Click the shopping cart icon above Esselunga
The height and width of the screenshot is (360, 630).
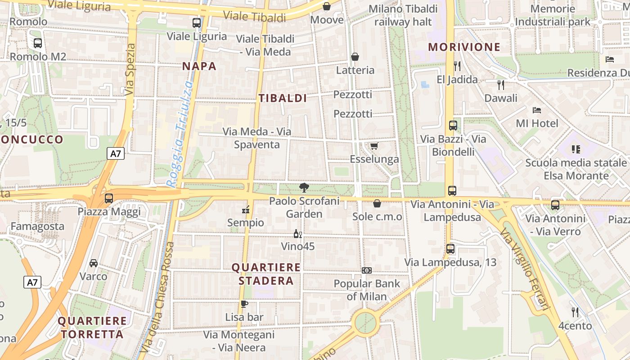click(374, 145)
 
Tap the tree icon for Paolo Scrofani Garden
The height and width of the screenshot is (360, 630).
click(304, 188)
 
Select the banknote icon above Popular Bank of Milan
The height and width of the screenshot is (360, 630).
click(367, 270)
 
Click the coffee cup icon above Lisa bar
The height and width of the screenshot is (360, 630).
click(244, 304)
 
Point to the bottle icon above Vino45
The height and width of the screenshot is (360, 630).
click(297, 234)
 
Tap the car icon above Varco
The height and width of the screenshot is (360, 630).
click(94, 263)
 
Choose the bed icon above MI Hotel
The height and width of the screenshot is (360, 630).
click(536, 110)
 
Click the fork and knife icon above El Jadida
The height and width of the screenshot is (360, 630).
click(457, 66)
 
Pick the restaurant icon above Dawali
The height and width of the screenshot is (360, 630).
click(501, 85)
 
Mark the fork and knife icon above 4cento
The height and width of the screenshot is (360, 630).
click(575, 312)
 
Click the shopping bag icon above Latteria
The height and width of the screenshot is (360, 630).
click(355, 57)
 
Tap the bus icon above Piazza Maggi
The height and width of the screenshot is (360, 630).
click(108, 198)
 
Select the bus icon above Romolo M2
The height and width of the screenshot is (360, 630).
click(38, 43)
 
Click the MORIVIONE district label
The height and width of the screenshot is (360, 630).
click(464, 47)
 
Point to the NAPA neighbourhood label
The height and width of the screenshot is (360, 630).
click(199, 66)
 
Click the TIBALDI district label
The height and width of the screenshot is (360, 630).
click(283, 98)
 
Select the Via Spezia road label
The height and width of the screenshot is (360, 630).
click(130, 70)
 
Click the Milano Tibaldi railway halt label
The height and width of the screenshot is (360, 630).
click(403, 15)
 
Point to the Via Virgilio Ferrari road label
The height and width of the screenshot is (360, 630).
click(525, 269)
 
